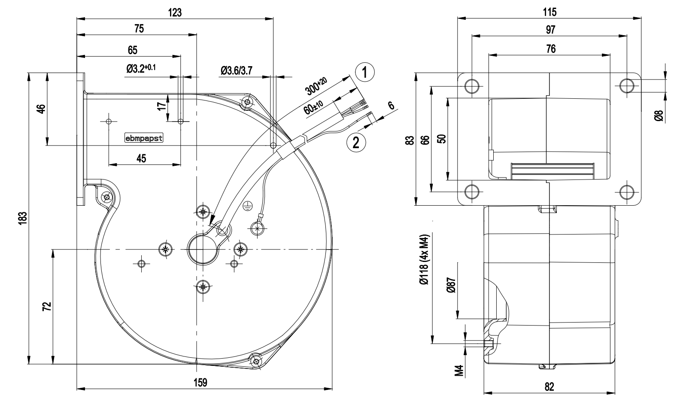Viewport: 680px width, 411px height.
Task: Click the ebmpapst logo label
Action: (143, 139)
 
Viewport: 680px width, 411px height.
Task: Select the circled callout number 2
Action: (356, 142)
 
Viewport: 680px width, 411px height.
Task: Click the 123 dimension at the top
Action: (175, 12)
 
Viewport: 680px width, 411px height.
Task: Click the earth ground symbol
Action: (247, 206)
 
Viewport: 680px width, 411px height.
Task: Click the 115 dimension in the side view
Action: (549, 12)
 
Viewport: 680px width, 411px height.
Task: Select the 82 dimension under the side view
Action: (549, 387)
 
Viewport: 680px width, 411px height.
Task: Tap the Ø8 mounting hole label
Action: (659, 115)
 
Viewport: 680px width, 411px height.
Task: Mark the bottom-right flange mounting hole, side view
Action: (627, 191)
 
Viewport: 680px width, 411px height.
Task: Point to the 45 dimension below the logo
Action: (141, 158)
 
